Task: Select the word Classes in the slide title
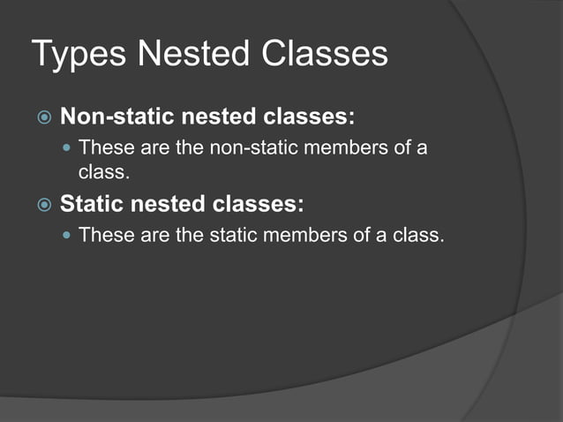pyautogui.click(x=326, y=55)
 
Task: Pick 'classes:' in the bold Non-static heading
pyautogui.click(x=301, y=117)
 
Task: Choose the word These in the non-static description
pyautogui.click(x=104, y=147)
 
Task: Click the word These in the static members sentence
pyautogui.click(x=104, y=236)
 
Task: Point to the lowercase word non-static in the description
pyautogui.click(x=250, y=147)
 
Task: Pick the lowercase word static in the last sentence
pyautogui.click(x=229, y=236)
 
